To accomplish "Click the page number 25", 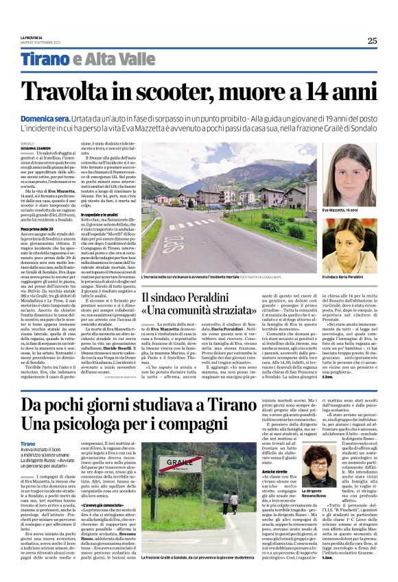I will [x=371, y=40].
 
